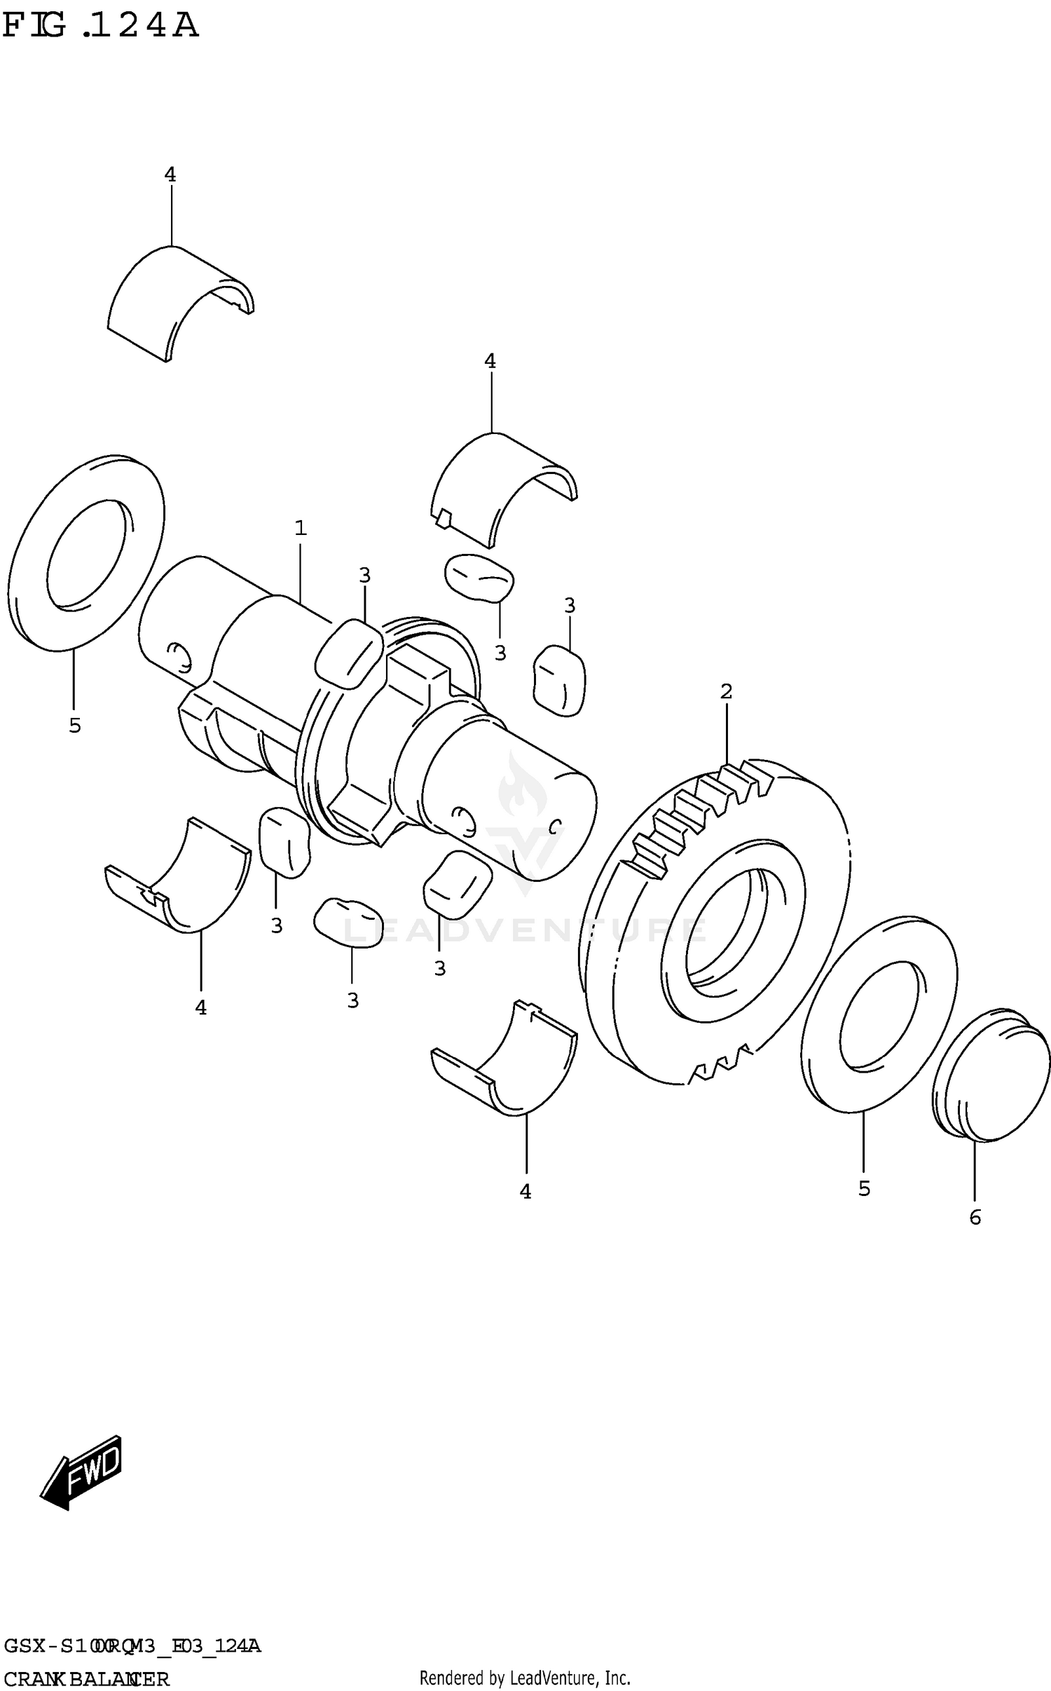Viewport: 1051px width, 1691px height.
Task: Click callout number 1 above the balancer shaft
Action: coord(301,528)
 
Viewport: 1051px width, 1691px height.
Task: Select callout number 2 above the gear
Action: coord(726,691)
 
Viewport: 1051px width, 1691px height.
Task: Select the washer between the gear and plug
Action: coord(880,1012)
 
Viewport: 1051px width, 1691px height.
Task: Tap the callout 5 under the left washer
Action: coord(75,726)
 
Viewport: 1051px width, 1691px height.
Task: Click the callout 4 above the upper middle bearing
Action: coord(490,361)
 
